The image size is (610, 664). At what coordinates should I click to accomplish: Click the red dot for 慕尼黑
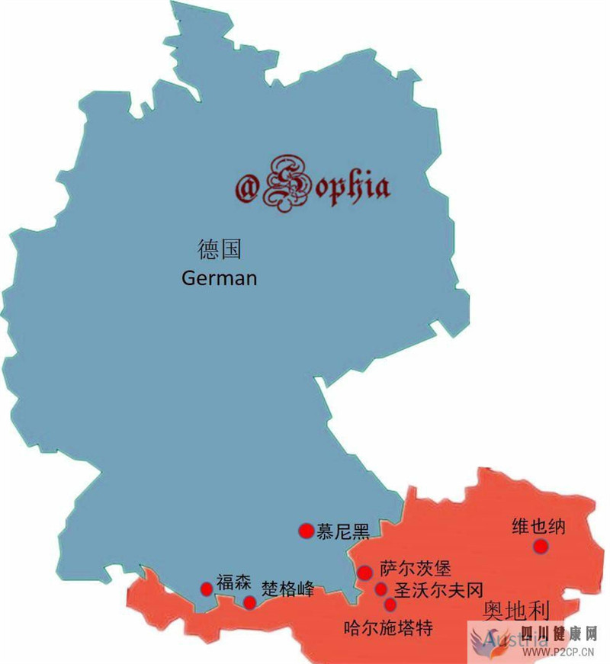pos(307,531)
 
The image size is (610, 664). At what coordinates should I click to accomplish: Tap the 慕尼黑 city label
pos(343,531)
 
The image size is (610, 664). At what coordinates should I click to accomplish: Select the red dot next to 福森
pos(206,589)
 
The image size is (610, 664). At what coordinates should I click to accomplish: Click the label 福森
pos(233,583)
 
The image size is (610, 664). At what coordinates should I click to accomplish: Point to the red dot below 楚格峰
pos(249,602)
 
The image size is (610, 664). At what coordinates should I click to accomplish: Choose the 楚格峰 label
pos(288,589)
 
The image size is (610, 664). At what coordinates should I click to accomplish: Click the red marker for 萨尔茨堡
pos(365,573)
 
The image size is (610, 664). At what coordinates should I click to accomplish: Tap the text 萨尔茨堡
pos(416,569)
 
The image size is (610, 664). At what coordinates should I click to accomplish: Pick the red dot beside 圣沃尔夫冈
pos(381,589)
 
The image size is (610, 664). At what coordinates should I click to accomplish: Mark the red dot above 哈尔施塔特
pos(390,605)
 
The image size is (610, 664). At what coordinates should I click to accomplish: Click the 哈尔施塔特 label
pos(389,628)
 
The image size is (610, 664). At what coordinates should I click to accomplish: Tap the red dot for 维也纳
pos(541,546)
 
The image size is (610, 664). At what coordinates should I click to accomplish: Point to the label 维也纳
pos(538,527)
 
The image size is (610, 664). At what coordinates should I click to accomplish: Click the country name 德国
pos(220,250)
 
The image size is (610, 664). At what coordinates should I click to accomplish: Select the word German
pos(220,278)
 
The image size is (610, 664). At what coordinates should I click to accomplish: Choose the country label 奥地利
pos(517,611)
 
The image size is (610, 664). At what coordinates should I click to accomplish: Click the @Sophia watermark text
pos(312,186)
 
